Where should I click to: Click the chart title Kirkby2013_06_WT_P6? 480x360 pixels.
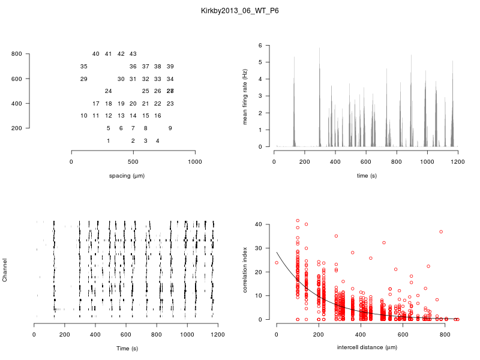[240, 11]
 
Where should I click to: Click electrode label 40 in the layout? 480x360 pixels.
[96, 54]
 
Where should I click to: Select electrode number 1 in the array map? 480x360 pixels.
[108, 140]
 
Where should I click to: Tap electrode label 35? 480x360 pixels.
[83, 66]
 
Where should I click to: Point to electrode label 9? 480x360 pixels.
[170, 128]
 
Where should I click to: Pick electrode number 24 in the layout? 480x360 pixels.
[108, 91]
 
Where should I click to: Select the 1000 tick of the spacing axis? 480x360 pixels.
[195, 162]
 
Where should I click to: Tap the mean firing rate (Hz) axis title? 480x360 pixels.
[245, 96]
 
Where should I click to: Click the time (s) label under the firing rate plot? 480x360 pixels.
[365, 176]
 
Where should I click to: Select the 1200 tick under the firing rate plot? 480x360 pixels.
[458, 162]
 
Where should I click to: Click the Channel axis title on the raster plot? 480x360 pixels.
[5, 271]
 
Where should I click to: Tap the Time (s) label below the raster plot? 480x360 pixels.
[127, 348]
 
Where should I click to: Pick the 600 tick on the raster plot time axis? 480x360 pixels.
[126, 335]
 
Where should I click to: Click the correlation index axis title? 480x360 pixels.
[245, 271]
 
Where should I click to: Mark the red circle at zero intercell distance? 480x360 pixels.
[277, 262]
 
